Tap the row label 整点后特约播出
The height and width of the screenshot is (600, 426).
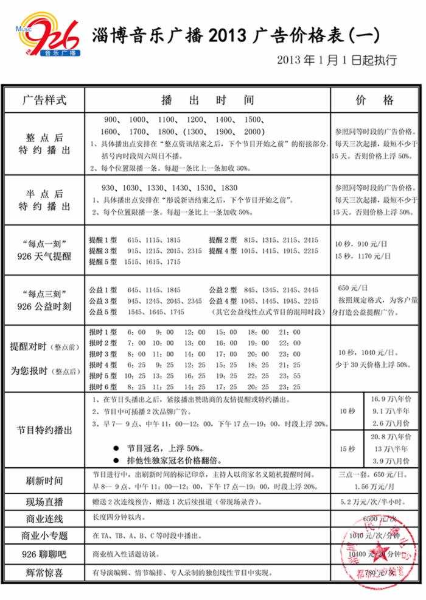[44, 144]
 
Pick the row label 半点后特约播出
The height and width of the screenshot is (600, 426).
[44, 200]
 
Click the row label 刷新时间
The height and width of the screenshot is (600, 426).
[44, 480]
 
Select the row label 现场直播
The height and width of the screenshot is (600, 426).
[44, 502]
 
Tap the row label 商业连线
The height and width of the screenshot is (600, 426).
[44, 519]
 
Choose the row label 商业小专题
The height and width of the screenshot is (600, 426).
[44, 536]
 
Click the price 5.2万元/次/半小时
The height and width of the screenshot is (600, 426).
[374, 502]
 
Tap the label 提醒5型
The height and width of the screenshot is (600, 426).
[102, 262]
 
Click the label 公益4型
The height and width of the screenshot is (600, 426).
[223, 301]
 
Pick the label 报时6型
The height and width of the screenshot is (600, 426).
[102, 387]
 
